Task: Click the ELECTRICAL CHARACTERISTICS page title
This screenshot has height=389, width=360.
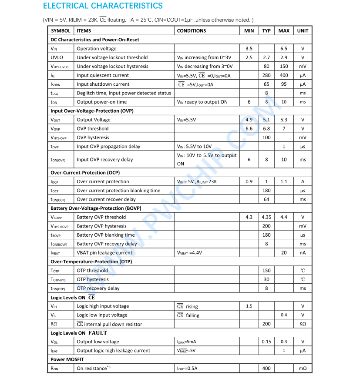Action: click(103, 6)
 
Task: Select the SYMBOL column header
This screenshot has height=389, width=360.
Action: click(61, 31)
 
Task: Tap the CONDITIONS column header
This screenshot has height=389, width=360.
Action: click(192, 31)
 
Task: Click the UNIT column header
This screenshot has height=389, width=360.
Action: click(303, 31)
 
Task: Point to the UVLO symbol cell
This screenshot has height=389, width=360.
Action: click(57, 57)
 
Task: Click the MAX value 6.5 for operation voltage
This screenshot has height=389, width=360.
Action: click(284, 49)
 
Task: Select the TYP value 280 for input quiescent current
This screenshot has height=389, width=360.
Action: click(266, 75)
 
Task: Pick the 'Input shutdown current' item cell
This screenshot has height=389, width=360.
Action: click(103, 84)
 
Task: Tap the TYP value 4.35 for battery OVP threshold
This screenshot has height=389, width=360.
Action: click(266, 217)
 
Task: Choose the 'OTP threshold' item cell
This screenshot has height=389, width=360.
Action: click(92, 271)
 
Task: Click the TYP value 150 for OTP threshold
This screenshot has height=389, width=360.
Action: click(266, 271)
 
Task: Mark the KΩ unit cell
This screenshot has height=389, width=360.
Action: click(303, 324)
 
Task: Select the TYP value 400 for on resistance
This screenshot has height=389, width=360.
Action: click(266, 369)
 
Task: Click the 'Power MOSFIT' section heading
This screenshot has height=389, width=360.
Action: click(67, 359)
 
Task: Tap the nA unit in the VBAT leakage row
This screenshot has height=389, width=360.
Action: click(303, 253)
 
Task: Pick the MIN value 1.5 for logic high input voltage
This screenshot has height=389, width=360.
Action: click(249, 306)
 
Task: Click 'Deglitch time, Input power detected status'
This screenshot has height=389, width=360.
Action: click(124, 93)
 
